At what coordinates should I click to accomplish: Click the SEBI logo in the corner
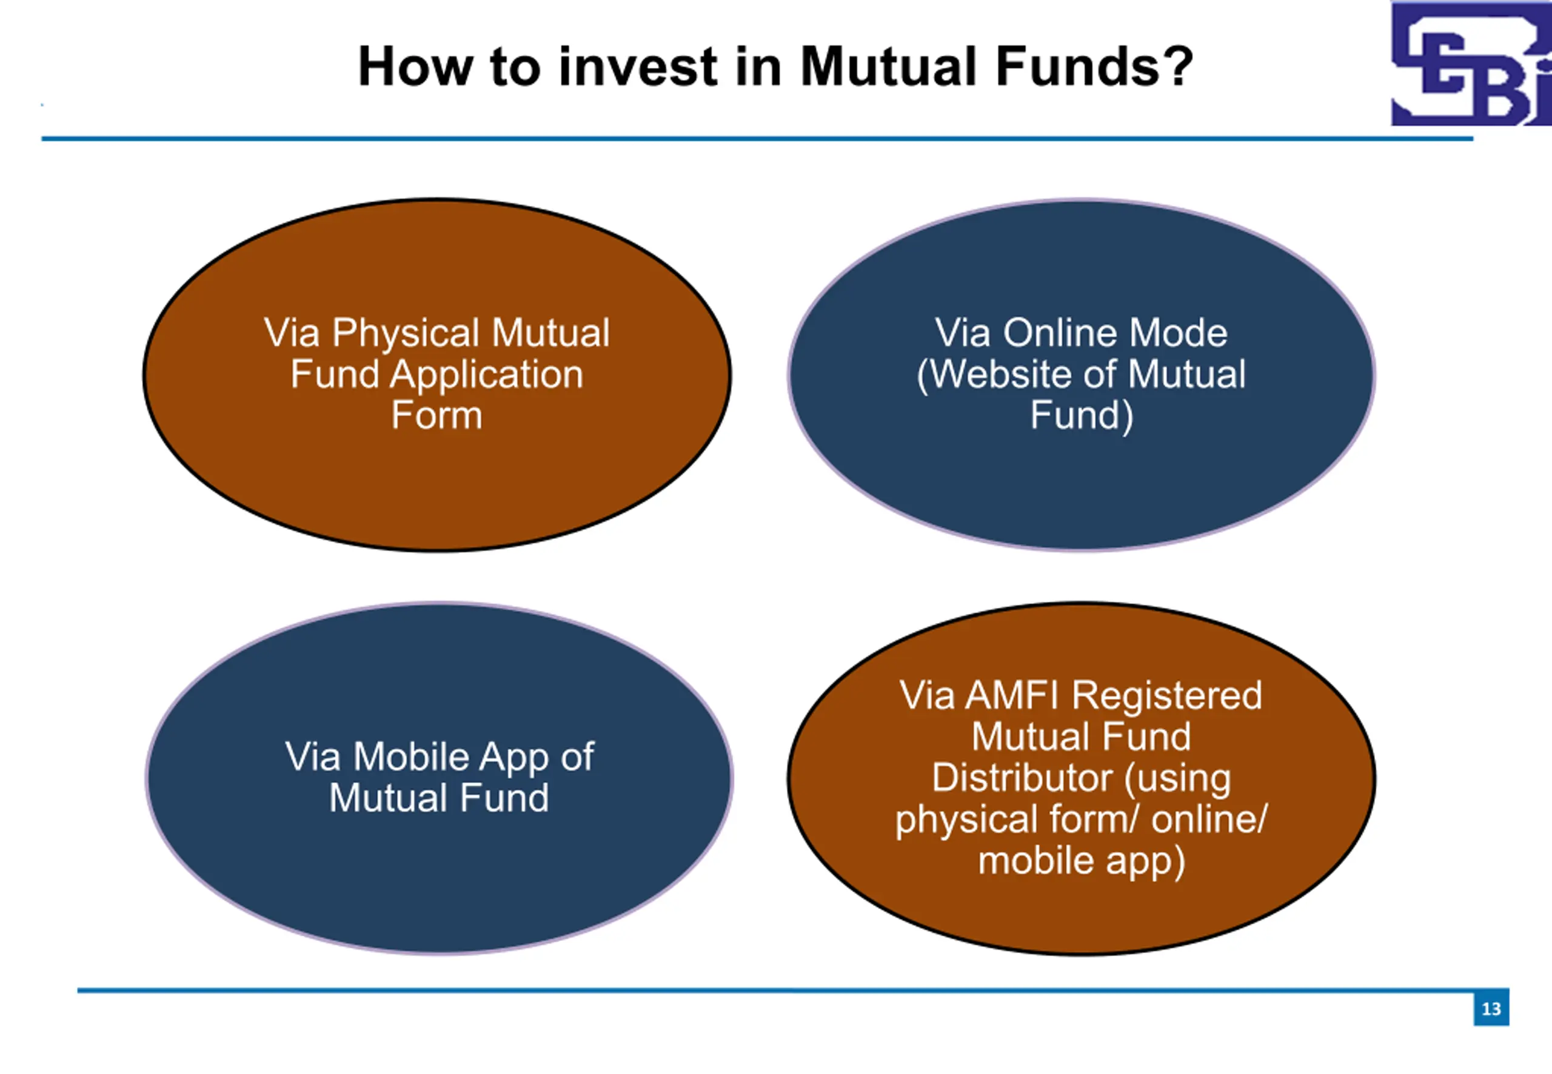[x=1471, y=63]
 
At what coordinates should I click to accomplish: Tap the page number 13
[x=1491, y=1009]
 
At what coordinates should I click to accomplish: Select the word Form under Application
[x=436, y=415]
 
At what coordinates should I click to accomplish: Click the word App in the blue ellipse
[x=515, y=758]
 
